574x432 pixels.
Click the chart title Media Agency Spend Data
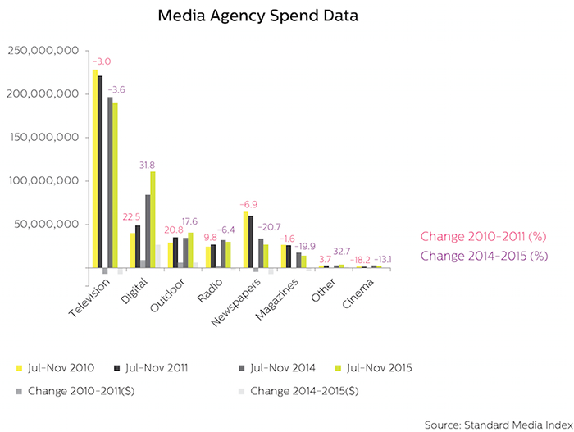[x=258, y=16]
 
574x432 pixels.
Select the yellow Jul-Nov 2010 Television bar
[x=95, y=168]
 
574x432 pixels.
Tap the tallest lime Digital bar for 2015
[x=153, y=220]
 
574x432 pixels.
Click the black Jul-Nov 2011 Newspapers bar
[x=251, y=242]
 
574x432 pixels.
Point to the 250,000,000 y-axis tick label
[x=43, y=51]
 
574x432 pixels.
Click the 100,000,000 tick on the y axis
[x=44, y=181]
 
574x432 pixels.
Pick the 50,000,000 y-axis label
[x=47, y=224]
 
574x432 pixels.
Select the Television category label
[x=89, y=298]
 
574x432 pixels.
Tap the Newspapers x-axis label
[x=236, y=302]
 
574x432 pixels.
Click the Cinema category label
[x=358, y=293]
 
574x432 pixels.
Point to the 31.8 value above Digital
[x=147, y=166]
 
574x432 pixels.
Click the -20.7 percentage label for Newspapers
[x=269, y=227]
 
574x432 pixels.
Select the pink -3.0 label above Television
[x=102, y=61]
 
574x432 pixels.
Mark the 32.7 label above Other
[x=342, y=252]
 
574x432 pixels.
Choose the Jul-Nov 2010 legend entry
[x=55, y=368]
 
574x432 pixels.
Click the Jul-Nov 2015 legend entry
[x=374, y=368]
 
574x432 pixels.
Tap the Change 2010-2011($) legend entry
[x=75, y=391]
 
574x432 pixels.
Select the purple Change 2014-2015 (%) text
[x=484, y=256]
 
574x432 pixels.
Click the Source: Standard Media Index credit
[x=499, y=425]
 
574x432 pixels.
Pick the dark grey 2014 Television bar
[x=110, y=182]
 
